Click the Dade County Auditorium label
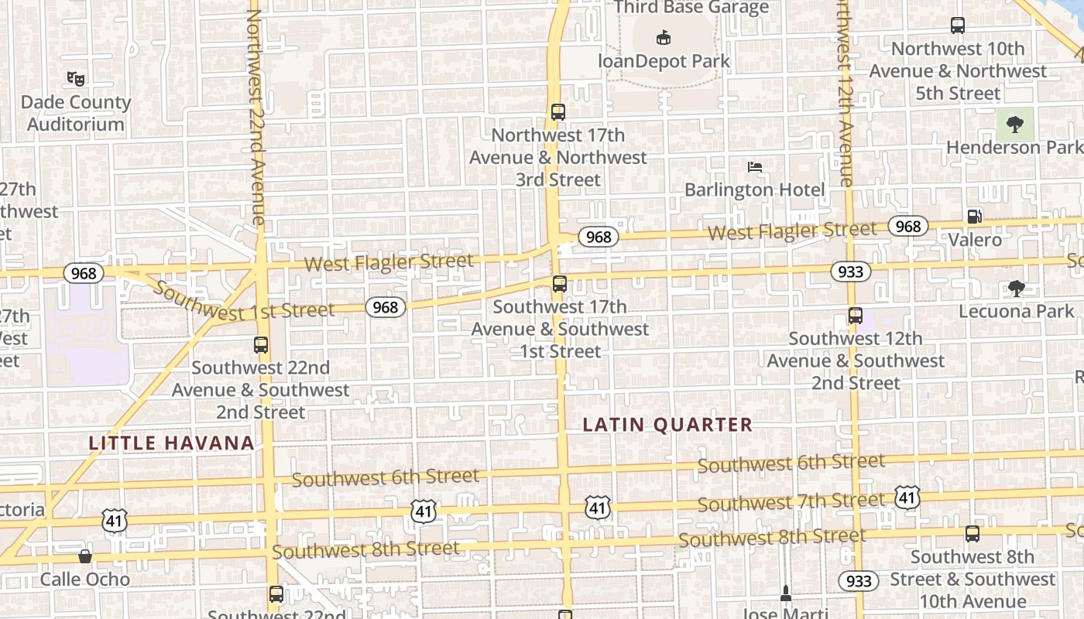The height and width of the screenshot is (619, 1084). click(x=75, y=113)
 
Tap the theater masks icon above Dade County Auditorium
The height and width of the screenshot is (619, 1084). click(x=75, y=78)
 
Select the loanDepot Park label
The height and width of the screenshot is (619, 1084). click(x=664, y=60)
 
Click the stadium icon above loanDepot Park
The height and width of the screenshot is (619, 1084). click(x=664, y=36)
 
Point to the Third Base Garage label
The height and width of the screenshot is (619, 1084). click(x=691, y=8)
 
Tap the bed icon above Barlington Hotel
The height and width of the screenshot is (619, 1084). click(x=755, y=166)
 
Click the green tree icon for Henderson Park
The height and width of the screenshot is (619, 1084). click(x=1014, y=123)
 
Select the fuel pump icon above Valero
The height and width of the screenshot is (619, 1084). click(x=975, y=217)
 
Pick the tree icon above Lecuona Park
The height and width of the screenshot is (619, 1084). click(x=1016, y=289)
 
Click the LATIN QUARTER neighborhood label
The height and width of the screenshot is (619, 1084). click(x=667, y=425)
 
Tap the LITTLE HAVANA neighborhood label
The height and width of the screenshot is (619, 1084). click(x=171, y=443)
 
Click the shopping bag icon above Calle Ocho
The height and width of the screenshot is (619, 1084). click(x=85, y=556)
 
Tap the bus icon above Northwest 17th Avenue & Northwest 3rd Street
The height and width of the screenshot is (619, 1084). click(x=558, y=111)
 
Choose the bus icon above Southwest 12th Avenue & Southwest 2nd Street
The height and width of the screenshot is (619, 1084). click(x=855, y=316)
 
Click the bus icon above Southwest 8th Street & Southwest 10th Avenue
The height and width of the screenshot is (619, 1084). click(x=973, y=533)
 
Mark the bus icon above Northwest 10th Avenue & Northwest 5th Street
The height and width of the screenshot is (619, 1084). click(x=958, y=26)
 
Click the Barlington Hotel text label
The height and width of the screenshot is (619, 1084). click(x=755, y=190)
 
